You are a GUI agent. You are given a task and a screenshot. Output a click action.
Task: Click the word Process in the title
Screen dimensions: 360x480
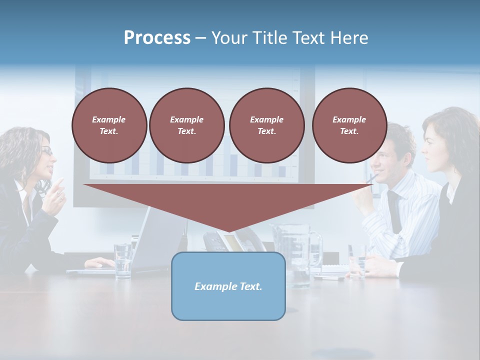157,38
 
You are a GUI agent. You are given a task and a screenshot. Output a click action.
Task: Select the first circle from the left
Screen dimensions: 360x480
109,125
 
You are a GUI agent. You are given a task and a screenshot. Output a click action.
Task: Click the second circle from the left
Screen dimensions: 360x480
186,125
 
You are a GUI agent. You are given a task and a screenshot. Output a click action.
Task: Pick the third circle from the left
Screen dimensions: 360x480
266,125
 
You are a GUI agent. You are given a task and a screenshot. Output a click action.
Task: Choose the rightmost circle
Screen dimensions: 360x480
349,125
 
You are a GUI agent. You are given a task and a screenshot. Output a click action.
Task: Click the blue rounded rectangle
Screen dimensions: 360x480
228,286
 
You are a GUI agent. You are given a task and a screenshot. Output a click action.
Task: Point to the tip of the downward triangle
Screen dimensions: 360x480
228,231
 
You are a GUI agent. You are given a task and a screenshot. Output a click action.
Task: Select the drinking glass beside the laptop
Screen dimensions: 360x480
122,260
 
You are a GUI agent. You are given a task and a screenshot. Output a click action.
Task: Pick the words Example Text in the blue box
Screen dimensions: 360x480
228,286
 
